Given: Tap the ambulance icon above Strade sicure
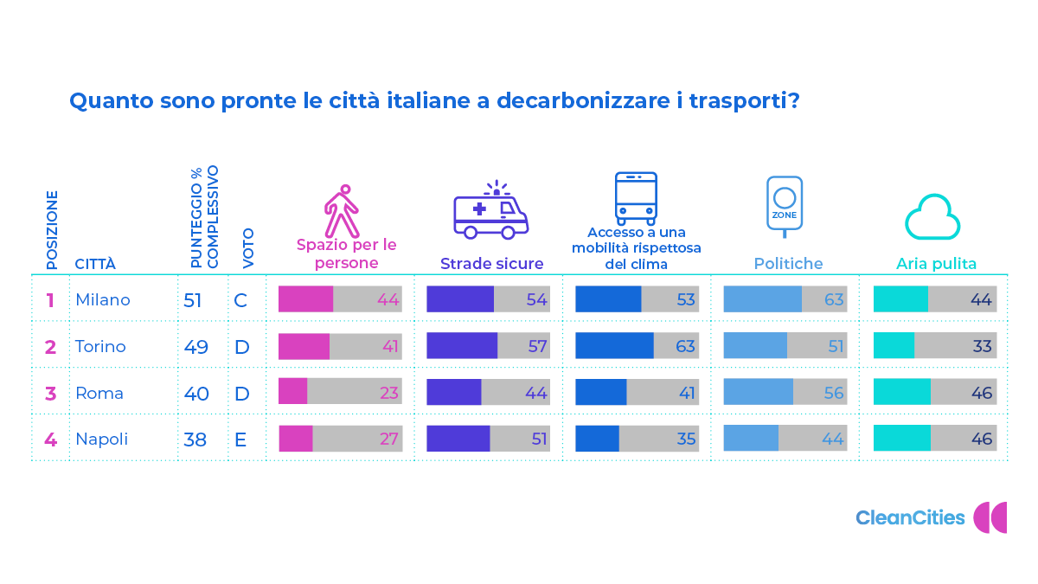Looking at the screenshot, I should pos(490,211).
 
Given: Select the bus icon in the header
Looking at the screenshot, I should pos(636,198).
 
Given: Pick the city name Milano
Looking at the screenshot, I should pos(103,300).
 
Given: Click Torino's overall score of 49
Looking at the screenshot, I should pos(195,347).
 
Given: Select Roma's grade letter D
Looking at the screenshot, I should pos(241,394).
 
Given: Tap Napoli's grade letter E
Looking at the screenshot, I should pos(240,440).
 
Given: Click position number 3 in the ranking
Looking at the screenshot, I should pos(50,394).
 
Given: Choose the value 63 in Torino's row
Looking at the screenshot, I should pos(685,347).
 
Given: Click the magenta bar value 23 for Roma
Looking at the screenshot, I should pos(388,394).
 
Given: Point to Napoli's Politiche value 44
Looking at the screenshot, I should pos(832,440).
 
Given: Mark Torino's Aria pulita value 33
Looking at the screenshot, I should pos(982,347).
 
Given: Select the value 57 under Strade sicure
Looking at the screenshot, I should pos(536,347).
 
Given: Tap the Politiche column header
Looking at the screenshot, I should pos(788,264).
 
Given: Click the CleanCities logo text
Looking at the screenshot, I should pos(910,518).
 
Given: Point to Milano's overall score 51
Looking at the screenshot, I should pos(192,300).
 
